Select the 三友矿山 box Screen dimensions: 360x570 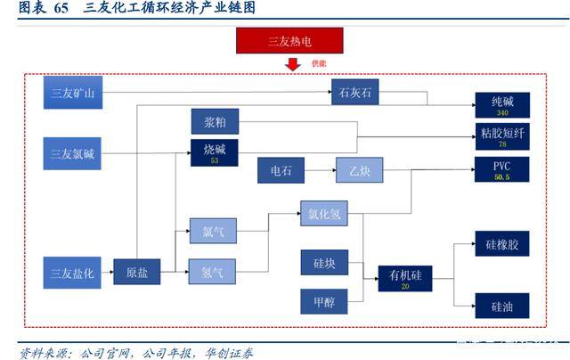[74, 94]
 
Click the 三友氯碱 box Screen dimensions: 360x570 [74, 153]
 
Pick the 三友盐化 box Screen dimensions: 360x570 [74, 272]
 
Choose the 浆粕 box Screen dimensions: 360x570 [215, 121]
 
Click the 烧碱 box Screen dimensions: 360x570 [215, 153]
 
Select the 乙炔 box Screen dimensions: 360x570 [359, 171]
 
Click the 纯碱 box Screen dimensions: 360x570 [501, 105]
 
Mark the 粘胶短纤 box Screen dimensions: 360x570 [501, 136]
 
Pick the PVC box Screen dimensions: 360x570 [501, 169]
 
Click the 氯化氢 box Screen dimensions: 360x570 [326, 214]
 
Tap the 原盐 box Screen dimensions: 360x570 [137, 273]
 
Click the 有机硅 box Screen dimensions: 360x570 [404, 279]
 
